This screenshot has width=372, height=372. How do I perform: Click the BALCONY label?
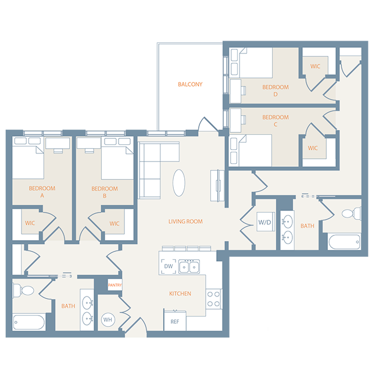pyautogui.click(x=190, y=84)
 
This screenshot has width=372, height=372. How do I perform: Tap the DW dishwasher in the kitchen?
pyautogui.click(x=169, y=266)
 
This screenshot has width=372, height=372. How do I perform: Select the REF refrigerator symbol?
pyautogui.click(x=174, y=321)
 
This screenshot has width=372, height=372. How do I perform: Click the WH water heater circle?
pyautogui.click(x=108, y=320)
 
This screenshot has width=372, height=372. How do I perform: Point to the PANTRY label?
pyautogui.click(x=115, y=285)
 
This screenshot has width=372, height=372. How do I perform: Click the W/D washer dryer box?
pyautogui.click(x=265, y=222)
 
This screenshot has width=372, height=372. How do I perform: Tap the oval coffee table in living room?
pyautogui.click(x=179, y=183)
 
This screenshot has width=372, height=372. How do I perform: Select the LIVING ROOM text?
pyautogui.click(x=185, y=221)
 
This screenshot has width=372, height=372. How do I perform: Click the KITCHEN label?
pyautogui.click(x=180, y=294)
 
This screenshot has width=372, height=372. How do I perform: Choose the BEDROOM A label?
pyautogui.click(x=41, y=192)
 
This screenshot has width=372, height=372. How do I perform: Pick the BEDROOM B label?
pyautogui.click(x=105, y=192)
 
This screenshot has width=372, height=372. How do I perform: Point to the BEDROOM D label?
pyautogui.click(x=275, y=90)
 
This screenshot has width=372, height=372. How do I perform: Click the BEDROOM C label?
pyautogui.click(x=275, y=121)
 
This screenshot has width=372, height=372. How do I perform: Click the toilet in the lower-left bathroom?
pyautogui.click(x=26, y=289)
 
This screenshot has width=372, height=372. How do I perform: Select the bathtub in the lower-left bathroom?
pyautogui.click(x=29, y=322)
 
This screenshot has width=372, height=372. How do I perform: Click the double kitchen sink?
pyautogui.click(x=189, y=267)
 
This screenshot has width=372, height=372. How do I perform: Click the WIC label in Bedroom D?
pyautogui.click(x=315, y=66)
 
